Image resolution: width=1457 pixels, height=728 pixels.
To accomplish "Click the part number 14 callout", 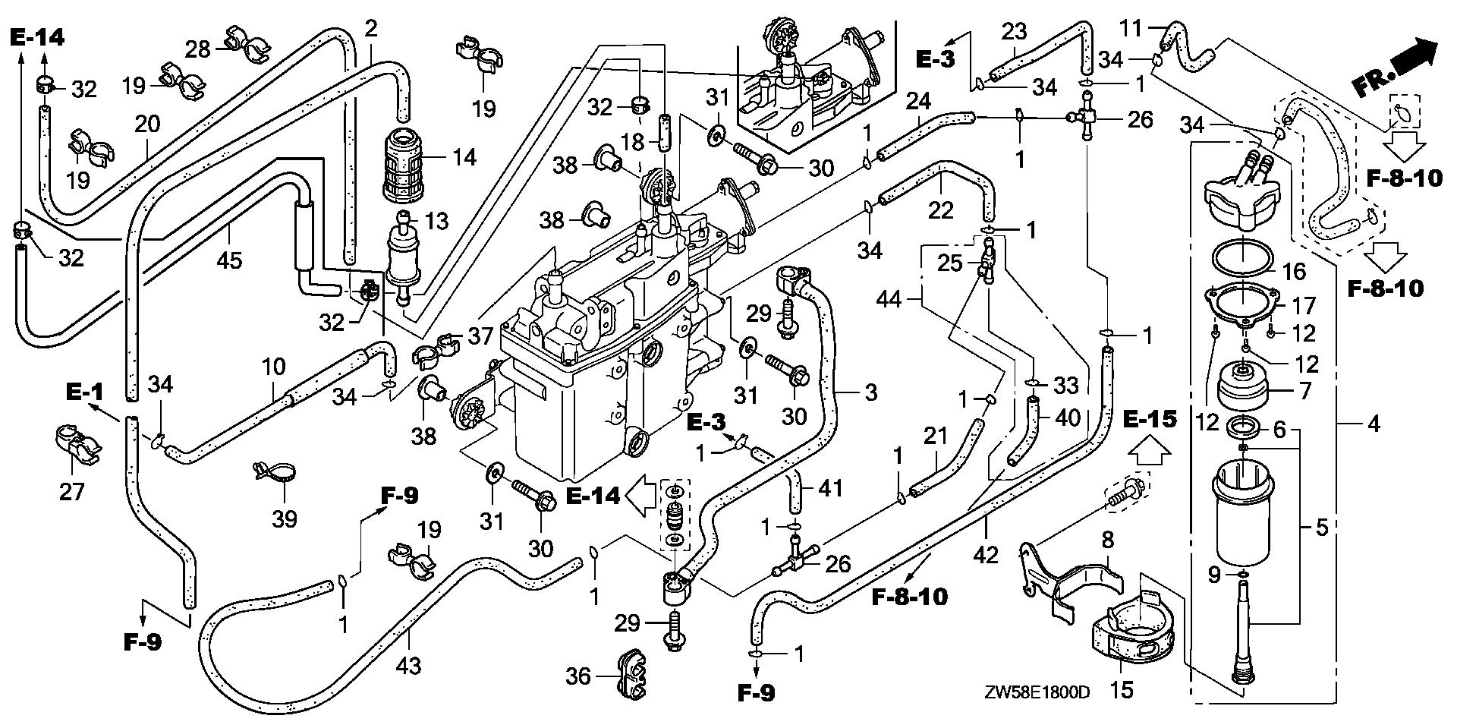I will (464, 157).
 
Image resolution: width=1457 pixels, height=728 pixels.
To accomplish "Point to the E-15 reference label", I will (1150, 418).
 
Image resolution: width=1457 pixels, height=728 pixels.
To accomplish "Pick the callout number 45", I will (229, 260).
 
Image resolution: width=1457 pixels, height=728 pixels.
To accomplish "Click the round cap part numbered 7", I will (1243, 392).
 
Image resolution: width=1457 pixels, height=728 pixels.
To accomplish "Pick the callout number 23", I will (1014, 31).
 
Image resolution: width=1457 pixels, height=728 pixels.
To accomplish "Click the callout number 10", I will (273, 367).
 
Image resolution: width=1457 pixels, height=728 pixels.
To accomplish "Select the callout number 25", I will (949, 263).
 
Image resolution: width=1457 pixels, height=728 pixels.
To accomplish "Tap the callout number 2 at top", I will (370, 30).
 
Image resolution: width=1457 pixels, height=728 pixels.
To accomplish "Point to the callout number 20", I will (148, 124).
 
